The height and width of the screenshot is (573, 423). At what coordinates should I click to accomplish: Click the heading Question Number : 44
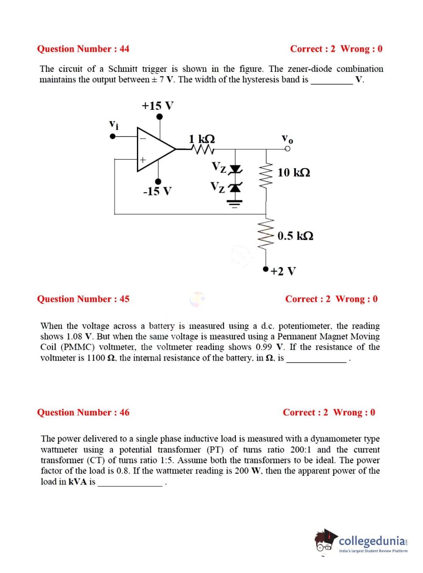coord(83,49)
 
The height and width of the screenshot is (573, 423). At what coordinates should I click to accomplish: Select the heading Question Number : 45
coord(83,299)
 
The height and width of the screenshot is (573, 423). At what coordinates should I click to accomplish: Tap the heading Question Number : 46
coord(83,412)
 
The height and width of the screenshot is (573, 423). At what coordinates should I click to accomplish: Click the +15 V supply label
coord(158,106)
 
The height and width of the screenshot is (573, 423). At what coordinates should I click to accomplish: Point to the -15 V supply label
coord(157,191)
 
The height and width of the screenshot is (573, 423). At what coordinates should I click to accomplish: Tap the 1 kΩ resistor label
coord(202,139)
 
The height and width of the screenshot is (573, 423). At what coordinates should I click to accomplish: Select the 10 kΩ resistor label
coord(294,172)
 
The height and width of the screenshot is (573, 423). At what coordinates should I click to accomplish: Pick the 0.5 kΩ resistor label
coord(295,236)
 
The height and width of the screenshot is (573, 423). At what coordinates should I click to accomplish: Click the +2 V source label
coord(283,271)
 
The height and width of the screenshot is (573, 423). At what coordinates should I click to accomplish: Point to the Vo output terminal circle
coord(288,149)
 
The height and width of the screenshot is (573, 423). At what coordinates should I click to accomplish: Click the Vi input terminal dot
coord(112,136)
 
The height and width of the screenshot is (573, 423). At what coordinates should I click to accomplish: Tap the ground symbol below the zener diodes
coord(235,204)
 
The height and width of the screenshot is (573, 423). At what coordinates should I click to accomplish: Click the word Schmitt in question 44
coord(123,69)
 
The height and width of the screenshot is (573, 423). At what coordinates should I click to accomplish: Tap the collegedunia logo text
coord(372,541)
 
